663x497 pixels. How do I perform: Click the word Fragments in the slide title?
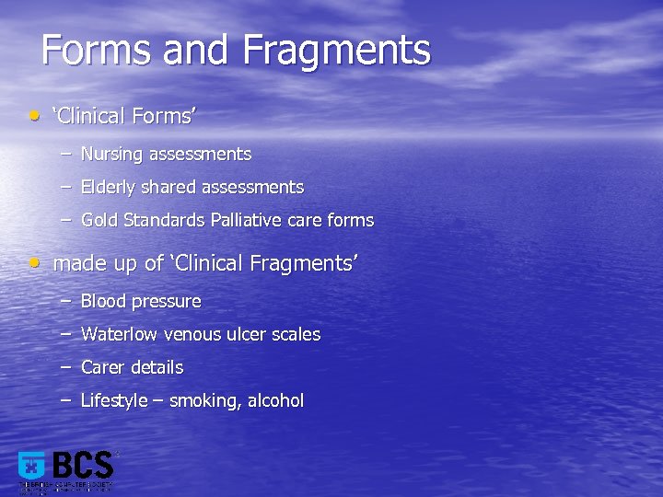pyautogui.click(x=336, y=51)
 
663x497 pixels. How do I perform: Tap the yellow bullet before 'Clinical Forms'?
pyautogui.click(x=34, y=116)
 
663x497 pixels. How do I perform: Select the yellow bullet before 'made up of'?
pyautogui.click(x=34, y=262)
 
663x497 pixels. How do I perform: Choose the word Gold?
pyautogui.click(x=99, y=221)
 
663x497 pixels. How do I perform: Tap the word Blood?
pyautogui.click(x=103, y=301)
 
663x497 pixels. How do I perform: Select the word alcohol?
pyautogui.click(x=275, y=400)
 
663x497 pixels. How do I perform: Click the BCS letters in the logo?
pyautogui.click(x=83, y=467)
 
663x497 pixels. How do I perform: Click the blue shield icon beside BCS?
pyautogui.click(x=32, y=466)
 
